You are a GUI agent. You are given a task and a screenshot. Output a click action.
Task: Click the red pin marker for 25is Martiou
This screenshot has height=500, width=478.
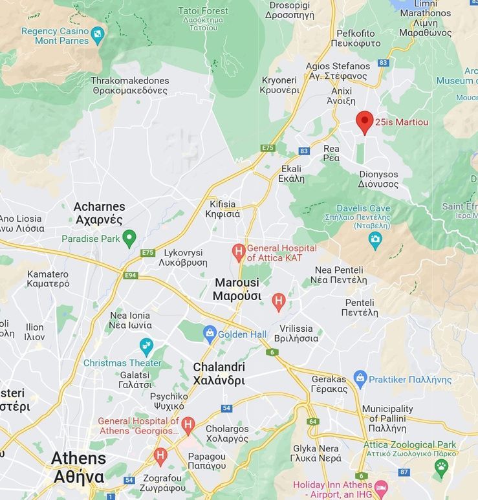pyautogui.click(x=365, y=121)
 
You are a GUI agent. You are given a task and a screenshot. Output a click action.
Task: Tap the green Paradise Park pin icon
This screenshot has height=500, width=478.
pyautogui.click(x=129, y=238)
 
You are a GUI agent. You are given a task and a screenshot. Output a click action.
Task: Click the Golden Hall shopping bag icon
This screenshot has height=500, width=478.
pyautogui.click(x=209, y=334)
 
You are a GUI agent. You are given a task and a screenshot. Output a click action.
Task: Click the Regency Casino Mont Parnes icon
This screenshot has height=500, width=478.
pyautogui.click(x=98, y=34)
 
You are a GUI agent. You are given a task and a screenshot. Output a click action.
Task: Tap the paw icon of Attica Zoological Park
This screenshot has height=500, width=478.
pyautogui.click(x=441, y=466)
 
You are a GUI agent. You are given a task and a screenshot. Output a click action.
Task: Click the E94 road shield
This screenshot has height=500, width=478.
pyautogui.click(x=131, y=276)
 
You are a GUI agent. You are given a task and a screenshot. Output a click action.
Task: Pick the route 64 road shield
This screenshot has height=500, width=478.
pyautogui.click(x=313, y=422)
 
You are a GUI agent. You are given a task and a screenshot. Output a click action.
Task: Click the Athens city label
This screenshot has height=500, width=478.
pyautogui.click(x=78, y=467)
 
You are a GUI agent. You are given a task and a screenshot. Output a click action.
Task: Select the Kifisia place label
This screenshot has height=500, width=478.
pyautogui.click(x=223, y=208)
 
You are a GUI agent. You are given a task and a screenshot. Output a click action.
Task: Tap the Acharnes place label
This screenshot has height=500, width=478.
pyautogui.click(x=100, y=212)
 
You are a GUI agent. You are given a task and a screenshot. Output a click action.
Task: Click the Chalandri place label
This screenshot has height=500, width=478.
pyautogui.click(x=219, y=374)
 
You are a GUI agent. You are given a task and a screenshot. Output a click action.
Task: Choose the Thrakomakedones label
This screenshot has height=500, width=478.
pyautogui.click(x=130, y=85)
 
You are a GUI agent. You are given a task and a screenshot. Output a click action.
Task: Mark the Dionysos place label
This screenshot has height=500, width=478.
pyautogui.click(x=378, y=179)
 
